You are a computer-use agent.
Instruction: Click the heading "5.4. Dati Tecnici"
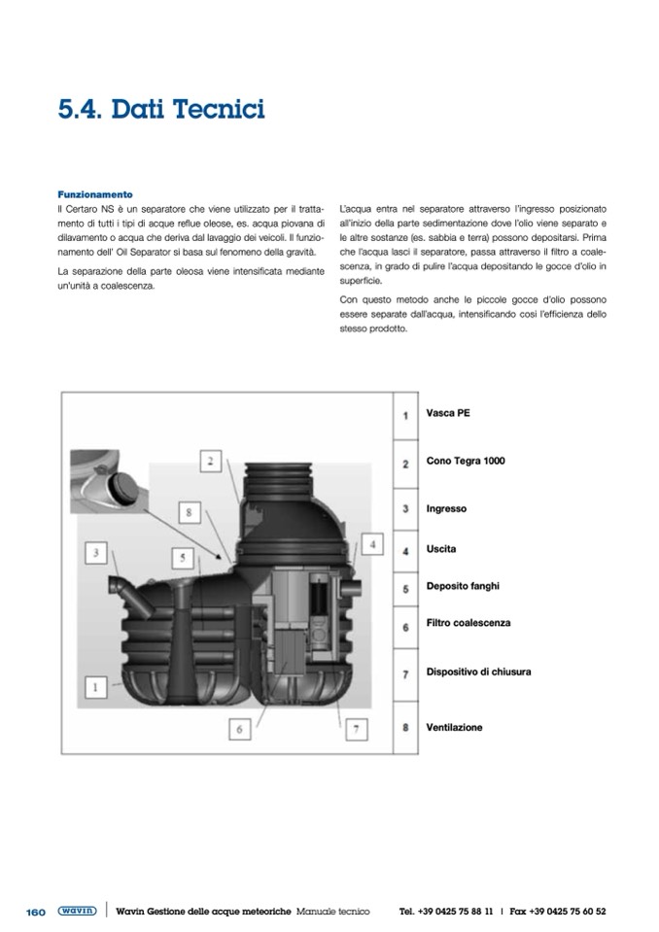pos(161,109)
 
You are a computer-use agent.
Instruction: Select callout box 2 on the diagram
pos(212,460)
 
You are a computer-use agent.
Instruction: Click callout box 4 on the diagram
pos(372,542)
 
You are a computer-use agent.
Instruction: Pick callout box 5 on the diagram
pos(182,558)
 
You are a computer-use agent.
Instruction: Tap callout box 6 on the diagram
pos(240,727)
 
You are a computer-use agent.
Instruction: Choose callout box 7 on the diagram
pos(357,727)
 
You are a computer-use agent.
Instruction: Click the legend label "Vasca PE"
pos(448,413)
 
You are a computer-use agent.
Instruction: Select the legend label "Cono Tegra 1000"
pos(466,461)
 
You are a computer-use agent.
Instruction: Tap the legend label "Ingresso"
pos(446,508)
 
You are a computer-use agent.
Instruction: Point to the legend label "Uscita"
pos(441,549)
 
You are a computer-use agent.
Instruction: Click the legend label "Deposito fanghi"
pos(463,586)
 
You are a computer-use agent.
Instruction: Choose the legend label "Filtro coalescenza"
pos(468,623)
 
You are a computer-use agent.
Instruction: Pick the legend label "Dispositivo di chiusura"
pos(478,672)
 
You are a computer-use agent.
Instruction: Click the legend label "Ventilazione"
pos(454,727)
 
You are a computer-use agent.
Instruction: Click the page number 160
pos(35,912)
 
